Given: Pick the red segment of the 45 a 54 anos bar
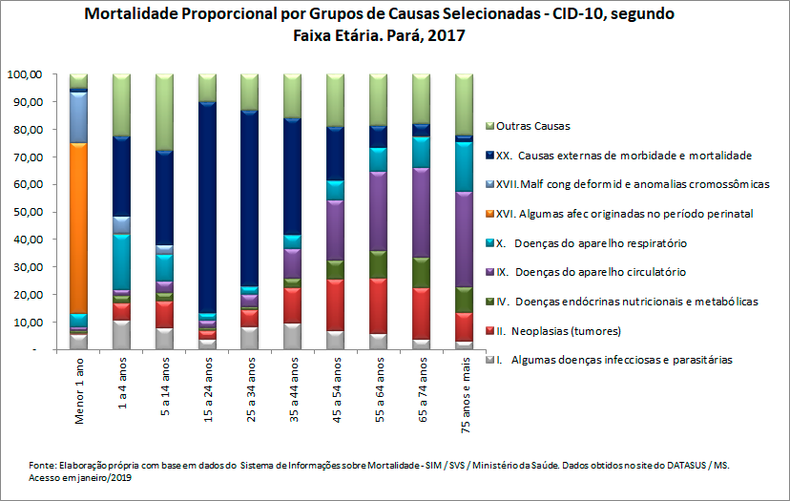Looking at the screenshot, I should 336,304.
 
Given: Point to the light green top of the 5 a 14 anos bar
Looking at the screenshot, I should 164,111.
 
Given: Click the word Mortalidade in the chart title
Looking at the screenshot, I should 132,16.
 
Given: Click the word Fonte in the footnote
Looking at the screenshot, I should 42,464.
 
